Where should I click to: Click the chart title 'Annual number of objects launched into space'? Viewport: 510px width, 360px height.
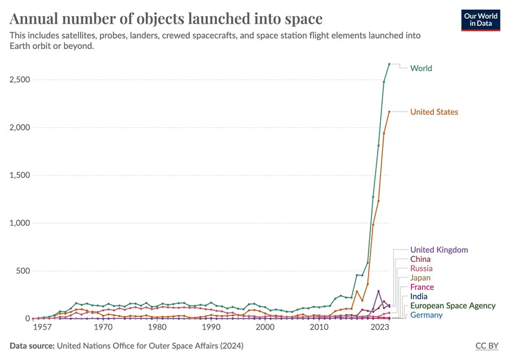click(x=166, y=17)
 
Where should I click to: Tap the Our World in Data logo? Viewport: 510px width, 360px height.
click(x=481, y=20)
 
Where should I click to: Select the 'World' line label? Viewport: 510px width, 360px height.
click(x=421, y=68)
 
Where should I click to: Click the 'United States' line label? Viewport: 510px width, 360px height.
click(x=434, y=112)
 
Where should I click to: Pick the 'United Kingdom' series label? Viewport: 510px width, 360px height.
click(x=439, y=250)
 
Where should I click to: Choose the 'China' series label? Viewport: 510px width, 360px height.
click(x=421, y=259)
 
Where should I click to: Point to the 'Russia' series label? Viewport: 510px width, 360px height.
click(x=422, y=268)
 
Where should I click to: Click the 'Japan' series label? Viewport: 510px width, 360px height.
click(x=421, y=278)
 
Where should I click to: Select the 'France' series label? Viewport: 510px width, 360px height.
click(x=422, y=287)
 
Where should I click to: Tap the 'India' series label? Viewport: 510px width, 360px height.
click(x=419, y=297)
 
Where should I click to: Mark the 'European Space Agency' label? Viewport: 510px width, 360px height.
click(x=453, y=306)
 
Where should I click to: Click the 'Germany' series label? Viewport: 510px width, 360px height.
click(x=426, y=315)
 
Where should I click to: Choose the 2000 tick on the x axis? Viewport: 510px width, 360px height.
click(x=265, y=328)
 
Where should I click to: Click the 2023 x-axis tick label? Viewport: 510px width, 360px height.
click(x=380, y=328)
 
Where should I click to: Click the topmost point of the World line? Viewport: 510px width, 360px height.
click(x=389, y=64)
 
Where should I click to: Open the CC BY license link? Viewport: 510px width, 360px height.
click(x=487, y=346)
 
